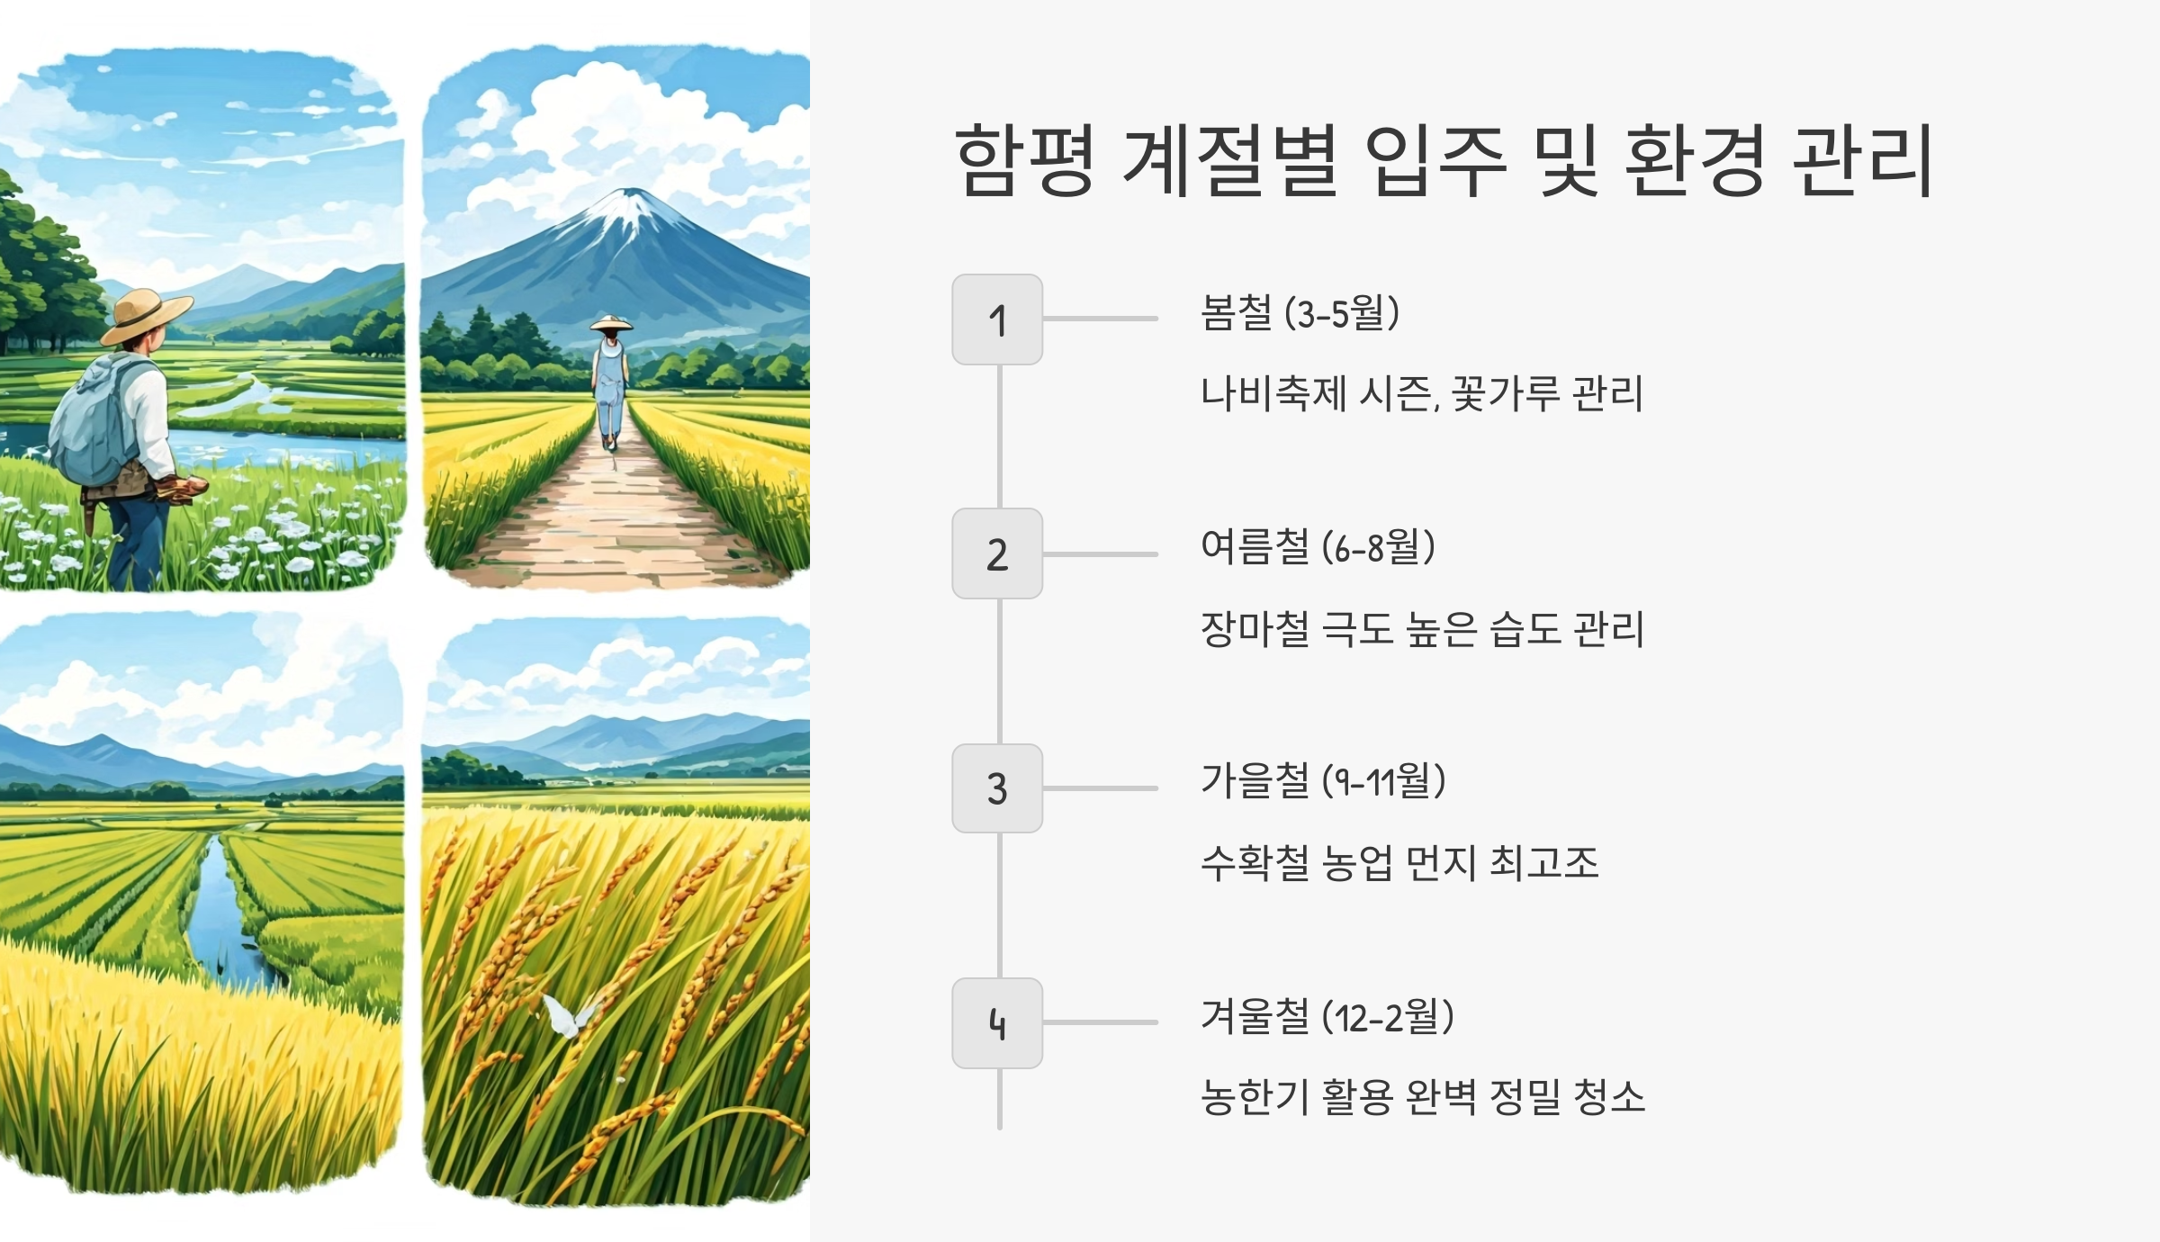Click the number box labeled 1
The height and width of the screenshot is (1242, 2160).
coord(997,319)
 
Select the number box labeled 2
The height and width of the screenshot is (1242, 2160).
coord(997,553)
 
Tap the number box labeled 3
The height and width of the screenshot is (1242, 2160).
coord(997,788)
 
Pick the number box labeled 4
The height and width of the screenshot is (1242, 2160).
coord(997,1023)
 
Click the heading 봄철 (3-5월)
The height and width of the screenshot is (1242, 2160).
coord(1300,313)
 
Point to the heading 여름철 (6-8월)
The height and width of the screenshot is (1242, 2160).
coord(1318,547)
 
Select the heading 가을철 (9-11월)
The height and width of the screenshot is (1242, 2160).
coord(1323,781)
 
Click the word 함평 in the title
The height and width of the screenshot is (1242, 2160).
coord(1024,160)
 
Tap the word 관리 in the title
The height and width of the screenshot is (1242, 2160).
coord(1863,160)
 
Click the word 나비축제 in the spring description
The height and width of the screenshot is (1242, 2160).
coord(1273,393)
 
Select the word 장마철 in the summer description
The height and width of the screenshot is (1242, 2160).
coord(1255,628)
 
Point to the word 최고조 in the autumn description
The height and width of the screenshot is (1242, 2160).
coord(1544,862)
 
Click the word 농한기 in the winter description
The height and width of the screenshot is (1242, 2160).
coord(1255,1096)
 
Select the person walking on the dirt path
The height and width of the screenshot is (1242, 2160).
coord(611,382)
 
